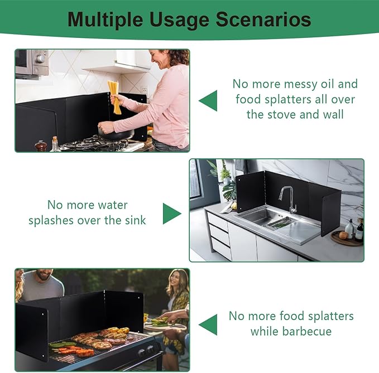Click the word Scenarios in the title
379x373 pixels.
click(x=263, y=20)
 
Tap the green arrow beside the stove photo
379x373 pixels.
click(x=208, y=101)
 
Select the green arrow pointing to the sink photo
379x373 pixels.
click(x=172, y=214)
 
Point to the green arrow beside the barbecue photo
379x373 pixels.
click(x=208, y=324)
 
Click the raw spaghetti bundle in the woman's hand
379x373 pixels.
click(x=114, y=97)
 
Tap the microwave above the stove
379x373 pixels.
click(x=32, y=63)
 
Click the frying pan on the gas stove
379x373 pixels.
click(x=116, y=133)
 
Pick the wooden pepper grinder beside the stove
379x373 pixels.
click(x=41, y=146)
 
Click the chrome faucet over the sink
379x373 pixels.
click(x=289, y=199)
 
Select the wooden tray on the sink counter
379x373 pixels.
click(x=346, y=239)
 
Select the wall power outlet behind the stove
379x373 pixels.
click(x=145, y=90)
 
